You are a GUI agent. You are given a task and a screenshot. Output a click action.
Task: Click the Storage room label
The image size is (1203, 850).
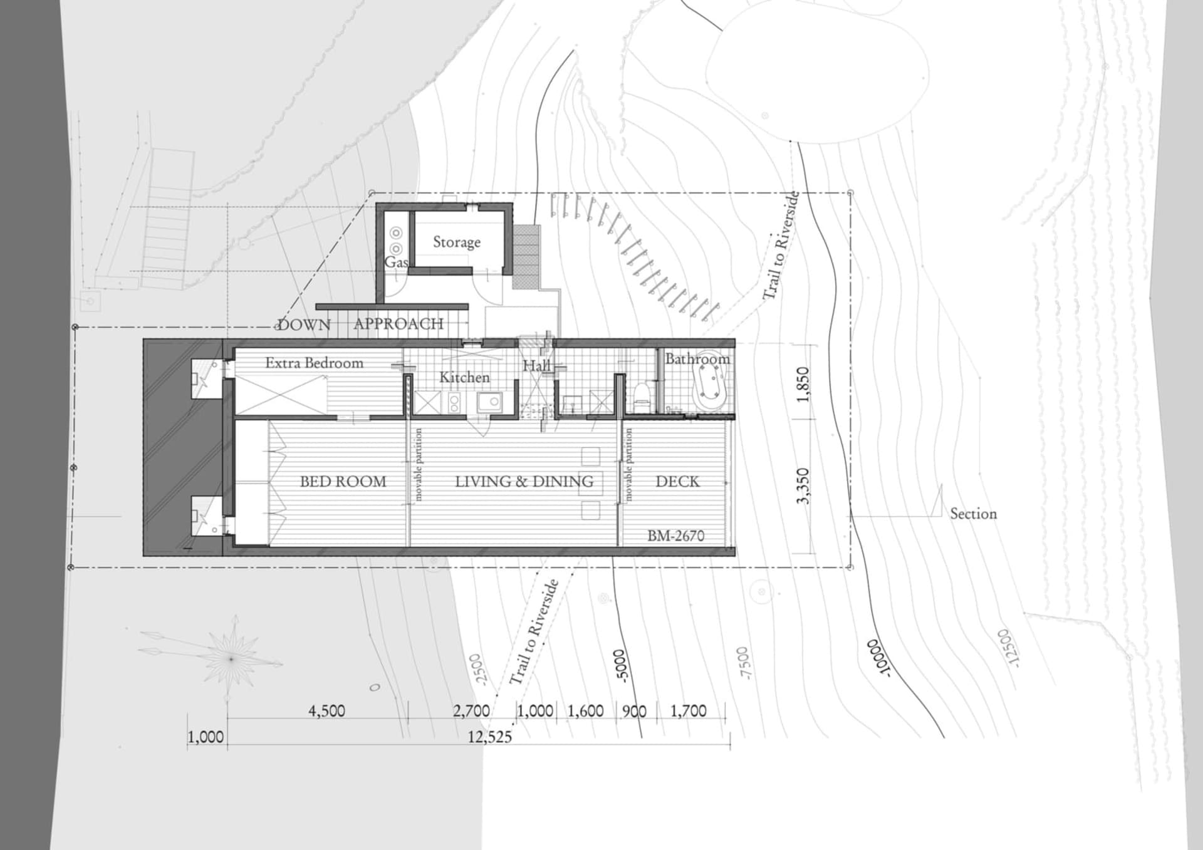(x=457, y=242)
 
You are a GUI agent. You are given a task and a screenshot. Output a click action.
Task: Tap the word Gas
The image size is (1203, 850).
(x=397, y=262)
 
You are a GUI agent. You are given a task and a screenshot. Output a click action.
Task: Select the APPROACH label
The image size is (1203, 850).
(x=398, y=324)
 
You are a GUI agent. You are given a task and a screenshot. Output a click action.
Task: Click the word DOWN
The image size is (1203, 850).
(x=304, y=324)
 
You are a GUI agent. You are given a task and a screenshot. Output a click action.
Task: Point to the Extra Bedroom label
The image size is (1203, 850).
(x=314, y=363)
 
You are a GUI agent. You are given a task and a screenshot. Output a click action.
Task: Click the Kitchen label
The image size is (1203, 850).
(x=464, y=377)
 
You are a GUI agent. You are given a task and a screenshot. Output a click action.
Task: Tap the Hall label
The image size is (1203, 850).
(x=537, y=366)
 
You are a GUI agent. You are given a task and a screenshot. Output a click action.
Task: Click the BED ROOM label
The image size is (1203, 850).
(x=343, y=482)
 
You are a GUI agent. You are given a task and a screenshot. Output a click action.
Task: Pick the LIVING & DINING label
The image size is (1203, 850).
(x=524, y=482)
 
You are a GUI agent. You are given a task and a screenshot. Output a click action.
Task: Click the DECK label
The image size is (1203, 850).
(x=677, y=482)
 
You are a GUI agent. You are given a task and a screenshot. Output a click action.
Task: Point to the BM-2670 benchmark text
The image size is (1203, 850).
(x=675, y=536)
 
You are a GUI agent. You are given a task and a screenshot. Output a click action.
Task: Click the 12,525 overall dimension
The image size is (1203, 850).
(x=489, y=737)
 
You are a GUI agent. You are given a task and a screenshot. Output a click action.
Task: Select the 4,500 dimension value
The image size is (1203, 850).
(x=326, y=711)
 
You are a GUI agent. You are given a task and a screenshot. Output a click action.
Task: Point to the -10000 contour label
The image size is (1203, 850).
(x=878, y=657)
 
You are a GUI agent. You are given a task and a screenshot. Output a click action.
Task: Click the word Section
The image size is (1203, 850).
(x=973, y=514)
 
